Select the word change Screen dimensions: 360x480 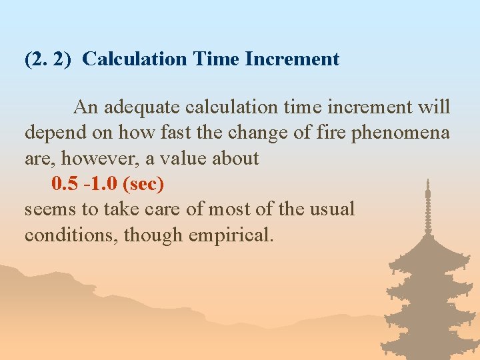click(x=254, y=132)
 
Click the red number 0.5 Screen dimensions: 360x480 click(x=64, y=183)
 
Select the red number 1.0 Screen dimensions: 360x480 click(x=102, y=183)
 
